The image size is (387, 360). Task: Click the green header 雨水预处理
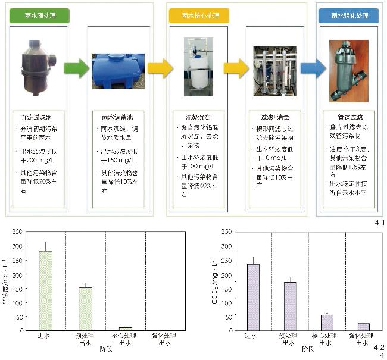point(39,15)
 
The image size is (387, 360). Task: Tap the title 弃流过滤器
point(39,117)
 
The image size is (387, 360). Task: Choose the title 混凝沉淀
point(196,117)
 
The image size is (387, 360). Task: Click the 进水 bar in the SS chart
point(46,290)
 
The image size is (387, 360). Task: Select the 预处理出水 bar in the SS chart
point(86,308)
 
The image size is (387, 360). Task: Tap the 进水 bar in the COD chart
point(253,297)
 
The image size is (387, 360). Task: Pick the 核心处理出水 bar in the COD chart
point(327,322)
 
